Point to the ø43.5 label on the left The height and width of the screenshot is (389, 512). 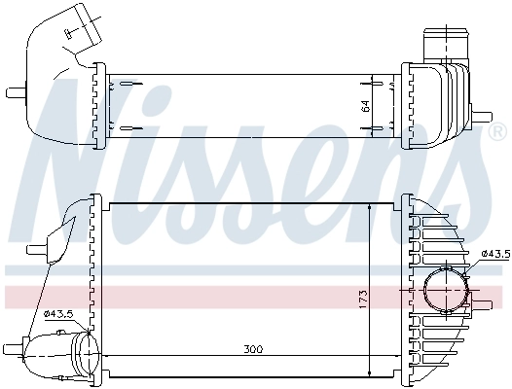[57, 312]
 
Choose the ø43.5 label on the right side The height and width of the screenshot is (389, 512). [495, 254]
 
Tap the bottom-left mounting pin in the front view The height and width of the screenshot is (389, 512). [14, 346]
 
